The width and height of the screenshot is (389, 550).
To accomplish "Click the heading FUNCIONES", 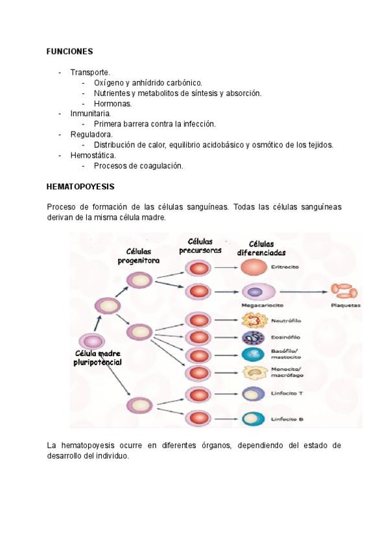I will [70, 51].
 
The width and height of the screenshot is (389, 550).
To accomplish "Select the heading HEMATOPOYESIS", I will [80, 187].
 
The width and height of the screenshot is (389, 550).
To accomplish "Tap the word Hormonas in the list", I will [113, 103].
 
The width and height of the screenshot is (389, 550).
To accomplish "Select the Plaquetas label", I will [345, 305].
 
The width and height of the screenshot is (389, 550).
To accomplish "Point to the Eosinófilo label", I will [283, 338].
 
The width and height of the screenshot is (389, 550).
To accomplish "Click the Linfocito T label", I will [283, 394].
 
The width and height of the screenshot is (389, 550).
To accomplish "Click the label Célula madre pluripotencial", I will [98, 358].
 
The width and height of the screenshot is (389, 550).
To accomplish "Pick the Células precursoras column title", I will [200, 246].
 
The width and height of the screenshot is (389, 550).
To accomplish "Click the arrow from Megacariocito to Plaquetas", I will [301, 291].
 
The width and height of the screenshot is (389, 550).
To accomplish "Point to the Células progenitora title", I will [139, 256].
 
